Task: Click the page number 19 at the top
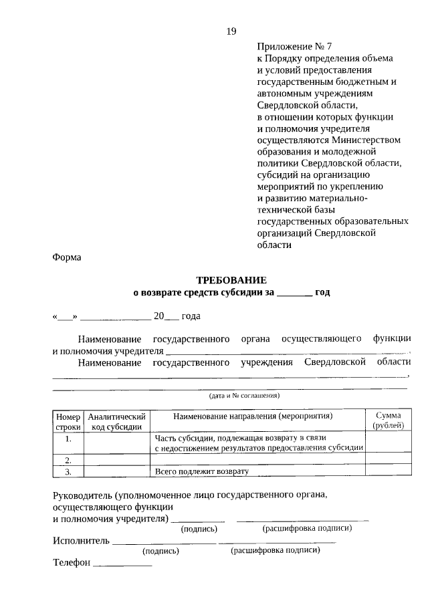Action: point(231,31)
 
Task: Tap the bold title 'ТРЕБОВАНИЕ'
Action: point(231,280)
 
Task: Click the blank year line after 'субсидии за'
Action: point(294,293)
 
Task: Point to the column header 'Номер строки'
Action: point(68,420)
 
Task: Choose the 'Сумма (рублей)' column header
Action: point(389,420)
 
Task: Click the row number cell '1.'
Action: point(68,439)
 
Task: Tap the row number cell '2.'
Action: point(68,460)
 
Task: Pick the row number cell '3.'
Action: point(68,471)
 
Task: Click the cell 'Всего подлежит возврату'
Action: point(201,471)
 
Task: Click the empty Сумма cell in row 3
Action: point(389,471)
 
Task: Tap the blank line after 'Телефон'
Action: point(122,563)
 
